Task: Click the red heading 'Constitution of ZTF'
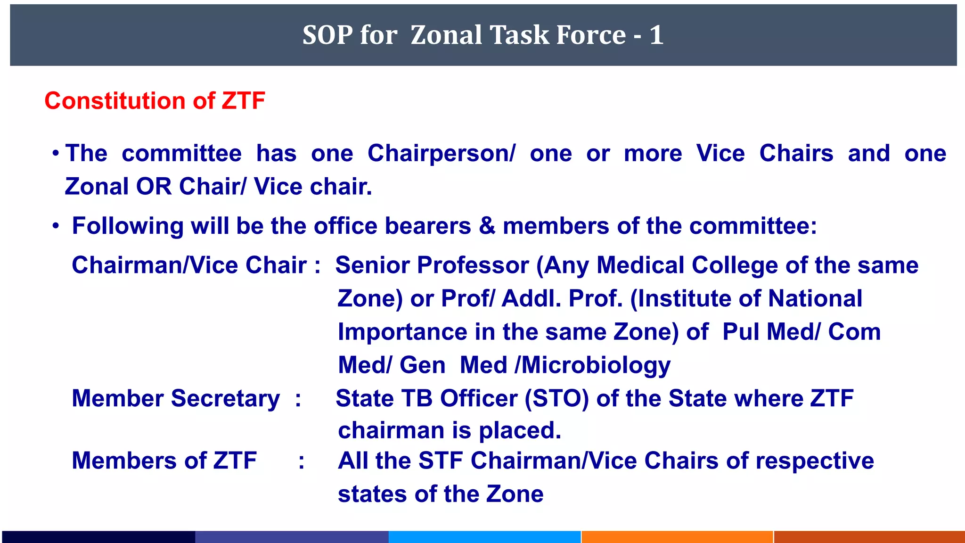[155, 101]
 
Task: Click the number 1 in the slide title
[656, 35]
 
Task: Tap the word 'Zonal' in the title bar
[446, 35]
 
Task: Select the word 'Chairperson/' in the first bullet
[442, 153]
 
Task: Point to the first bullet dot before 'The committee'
[56, 154]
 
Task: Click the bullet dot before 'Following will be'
[56, 226]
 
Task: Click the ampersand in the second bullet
[487, 226]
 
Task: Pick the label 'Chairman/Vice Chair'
[189, 265]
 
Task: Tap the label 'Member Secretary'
[176, 398]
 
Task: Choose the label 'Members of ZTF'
[164, 460]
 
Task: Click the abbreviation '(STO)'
[557, 398]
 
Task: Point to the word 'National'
[815, 298]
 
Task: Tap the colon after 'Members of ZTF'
[301, 461]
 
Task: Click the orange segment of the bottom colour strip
[677, 537]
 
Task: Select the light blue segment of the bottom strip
[484, 537]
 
